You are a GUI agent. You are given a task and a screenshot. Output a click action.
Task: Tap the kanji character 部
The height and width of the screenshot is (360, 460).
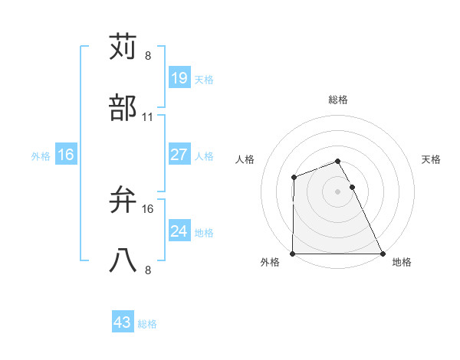(123, 108)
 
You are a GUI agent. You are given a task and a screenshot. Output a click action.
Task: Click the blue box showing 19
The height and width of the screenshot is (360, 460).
(179, 78)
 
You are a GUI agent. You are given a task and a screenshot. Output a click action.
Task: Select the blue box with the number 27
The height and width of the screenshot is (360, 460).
(179, 155)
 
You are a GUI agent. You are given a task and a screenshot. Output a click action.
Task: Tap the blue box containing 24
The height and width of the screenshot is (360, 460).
(179, 231)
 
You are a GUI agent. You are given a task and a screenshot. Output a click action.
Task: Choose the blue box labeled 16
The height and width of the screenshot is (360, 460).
(66, 155)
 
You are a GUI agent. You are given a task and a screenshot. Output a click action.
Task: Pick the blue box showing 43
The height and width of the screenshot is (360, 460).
(123, 322)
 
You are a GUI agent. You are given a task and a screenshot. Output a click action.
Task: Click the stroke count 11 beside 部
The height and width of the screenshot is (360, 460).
(148, 117)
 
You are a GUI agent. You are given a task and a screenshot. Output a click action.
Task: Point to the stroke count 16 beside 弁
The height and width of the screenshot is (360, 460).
(148, 208)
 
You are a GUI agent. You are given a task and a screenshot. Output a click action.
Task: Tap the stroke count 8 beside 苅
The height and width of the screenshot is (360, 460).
(148, 56)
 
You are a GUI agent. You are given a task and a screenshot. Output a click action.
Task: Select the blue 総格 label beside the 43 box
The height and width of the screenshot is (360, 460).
(147, 324)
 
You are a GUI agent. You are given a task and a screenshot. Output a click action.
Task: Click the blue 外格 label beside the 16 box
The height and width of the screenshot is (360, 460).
(41, 156)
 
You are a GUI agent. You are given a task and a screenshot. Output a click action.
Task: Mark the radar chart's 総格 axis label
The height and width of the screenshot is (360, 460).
(338, 100)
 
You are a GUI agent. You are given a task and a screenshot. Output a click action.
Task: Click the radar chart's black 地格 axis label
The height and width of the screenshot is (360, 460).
(402, 263)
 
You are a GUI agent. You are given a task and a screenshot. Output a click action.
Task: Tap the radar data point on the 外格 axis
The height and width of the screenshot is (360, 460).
(293, 254)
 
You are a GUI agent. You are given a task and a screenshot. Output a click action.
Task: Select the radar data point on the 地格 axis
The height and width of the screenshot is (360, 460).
(383, 254)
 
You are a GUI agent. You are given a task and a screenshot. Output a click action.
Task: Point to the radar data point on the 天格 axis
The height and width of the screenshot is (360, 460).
(353, 187)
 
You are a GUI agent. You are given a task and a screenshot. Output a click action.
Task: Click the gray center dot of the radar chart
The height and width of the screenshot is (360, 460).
(338, 191)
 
